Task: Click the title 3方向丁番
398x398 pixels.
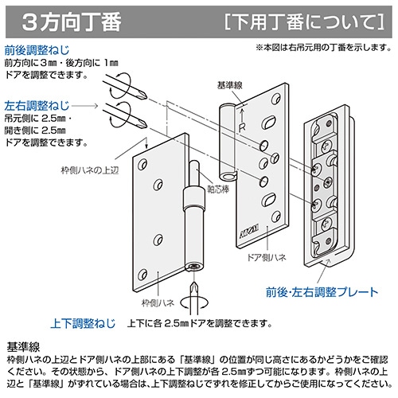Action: click(x=72, y=22)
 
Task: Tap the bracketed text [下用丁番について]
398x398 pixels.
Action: click(x=304, y=22)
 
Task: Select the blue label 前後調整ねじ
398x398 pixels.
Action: click(x=37, y=50)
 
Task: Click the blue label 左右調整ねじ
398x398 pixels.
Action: click(x=37, y=106)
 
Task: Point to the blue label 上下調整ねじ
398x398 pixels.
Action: click(x=83, y=323)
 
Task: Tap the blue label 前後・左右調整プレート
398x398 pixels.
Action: click(x=322, y=292)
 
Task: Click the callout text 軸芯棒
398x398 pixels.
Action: click(x=218, y=189)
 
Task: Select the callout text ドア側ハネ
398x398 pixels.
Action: click(x=267, y=257)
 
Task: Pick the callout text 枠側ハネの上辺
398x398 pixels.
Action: click(x=90, y=170)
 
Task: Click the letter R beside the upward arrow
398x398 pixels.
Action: click(x=242, y=128)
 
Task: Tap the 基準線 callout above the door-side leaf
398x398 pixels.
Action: click(x=230, y=85)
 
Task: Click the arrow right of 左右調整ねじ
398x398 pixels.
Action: click(x=85, y=106)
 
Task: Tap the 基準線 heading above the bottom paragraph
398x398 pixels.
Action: click(x=23, y=346)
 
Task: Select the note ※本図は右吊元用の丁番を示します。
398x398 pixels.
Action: click(x=324, y=48)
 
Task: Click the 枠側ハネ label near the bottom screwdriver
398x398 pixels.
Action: click(x=158, y=302)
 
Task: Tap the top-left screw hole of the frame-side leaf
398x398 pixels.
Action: click(x=142, y=165)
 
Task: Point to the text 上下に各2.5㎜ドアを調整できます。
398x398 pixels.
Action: click(x=200, y=323)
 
